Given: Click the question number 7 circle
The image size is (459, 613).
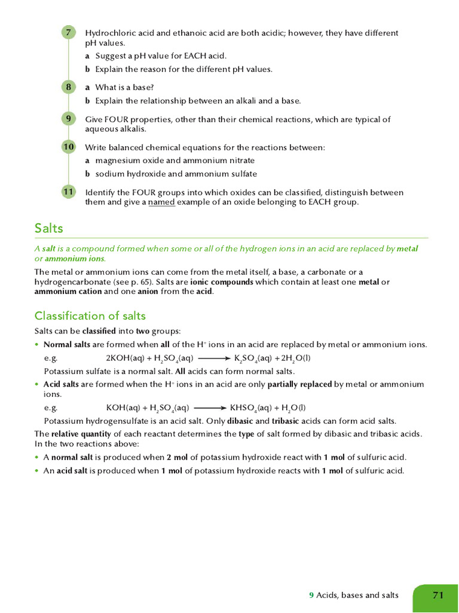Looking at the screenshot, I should [69, 33].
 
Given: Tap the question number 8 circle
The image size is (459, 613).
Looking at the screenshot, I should [69, 87].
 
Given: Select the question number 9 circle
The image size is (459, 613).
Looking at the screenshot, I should [69, 119].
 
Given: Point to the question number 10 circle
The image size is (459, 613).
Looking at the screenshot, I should [69, 147].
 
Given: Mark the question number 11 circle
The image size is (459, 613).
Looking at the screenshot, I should [69, 192].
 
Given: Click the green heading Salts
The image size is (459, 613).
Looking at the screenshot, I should [49, 228].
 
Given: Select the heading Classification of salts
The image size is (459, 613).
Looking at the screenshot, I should [90, 315].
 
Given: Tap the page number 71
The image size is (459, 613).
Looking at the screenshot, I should [438, 595].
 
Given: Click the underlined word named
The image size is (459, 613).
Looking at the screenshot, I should [161, 202].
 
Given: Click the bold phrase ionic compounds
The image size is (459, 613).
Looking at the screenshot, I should [222, 281].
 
